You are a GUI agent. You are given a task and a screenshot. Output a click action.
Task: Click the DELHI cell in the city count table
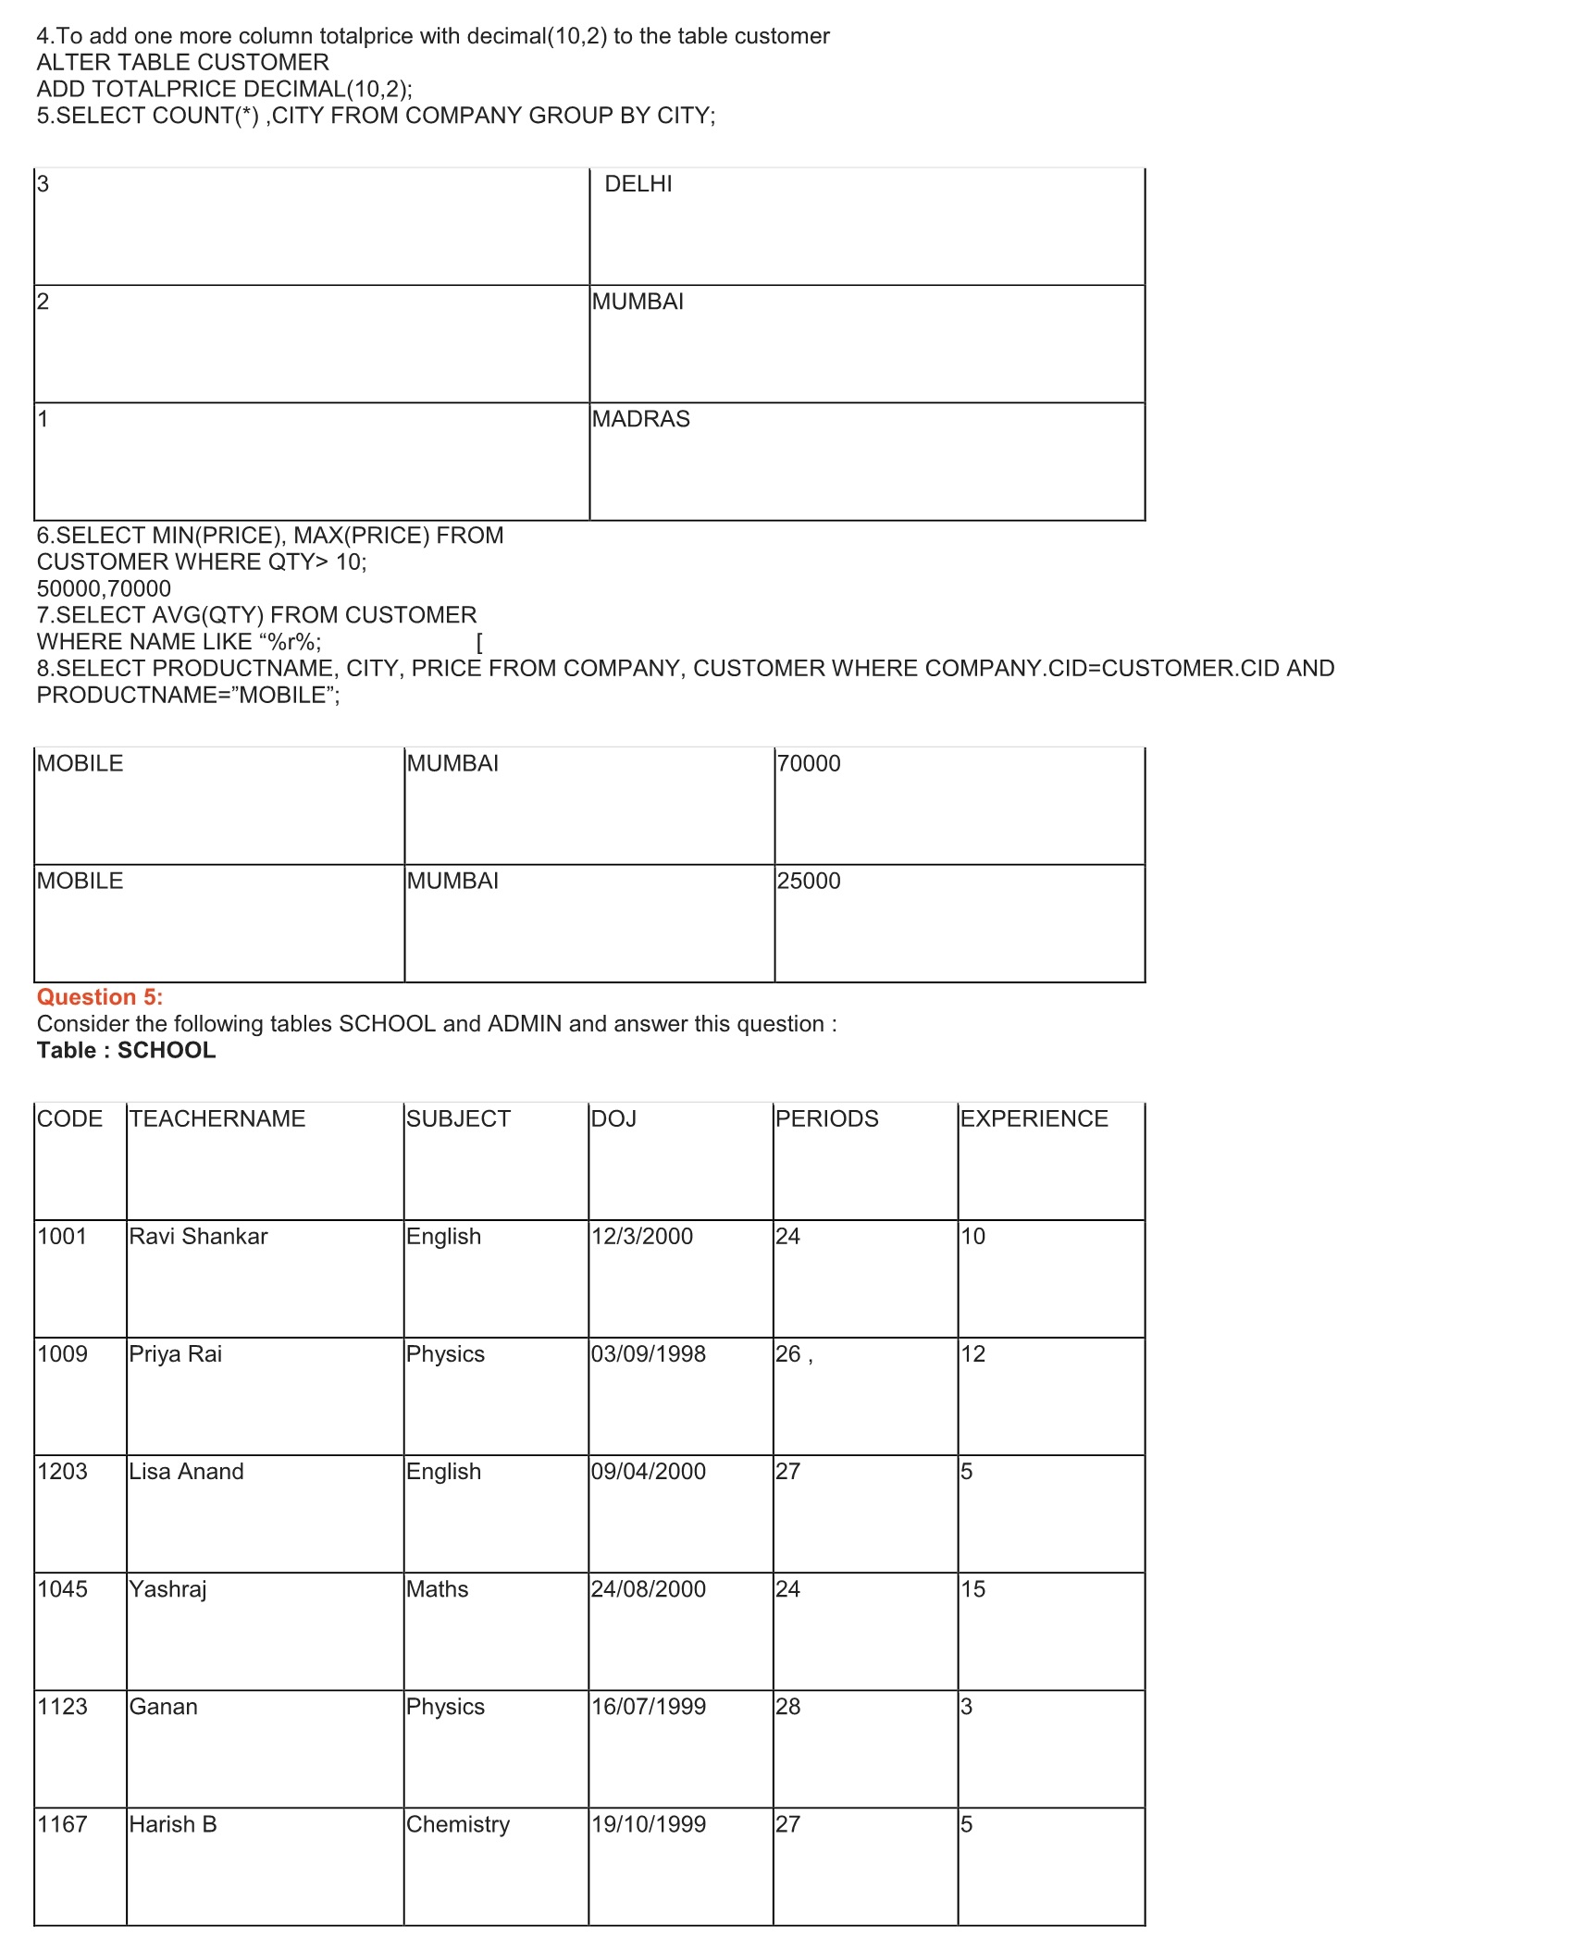click(x=638, y=184)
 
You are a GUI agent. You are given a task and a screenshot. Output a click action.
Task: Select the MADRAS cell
click(x=640, y=419)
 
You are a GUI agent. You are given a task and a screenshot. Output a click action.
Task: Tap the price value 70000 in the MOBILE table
click(x=808, y=763)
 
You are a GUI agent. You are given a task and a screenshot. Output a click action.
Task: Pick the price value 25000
click(x=808, y=881)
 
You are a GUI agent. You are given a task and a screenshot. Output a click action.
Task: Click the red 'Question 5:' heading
click(x=100, y=997)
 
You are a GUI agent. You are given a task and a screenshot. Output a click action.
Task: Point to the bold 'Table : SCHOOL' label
click(x=126, y=1050)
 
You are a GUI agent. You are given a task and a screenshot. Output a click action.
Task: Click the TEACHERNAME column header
click(x=217, y=1118)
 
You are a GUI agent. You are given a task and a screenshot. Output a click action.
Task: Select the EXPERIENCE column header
click(x=1034, y=1118)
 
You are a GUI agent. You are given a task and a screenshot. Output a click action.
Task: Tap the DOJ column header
click(x=613, y=1118)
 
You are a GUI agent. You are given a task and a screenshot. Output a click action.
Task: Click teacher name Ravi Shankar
click(x=198, y=1236)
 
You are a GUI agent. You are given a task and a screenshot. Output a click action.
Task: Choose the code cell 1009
click(x=62, y=1353)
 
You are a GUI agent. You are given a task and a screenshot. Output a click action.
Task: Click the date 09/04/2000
click(x=648, y=1471)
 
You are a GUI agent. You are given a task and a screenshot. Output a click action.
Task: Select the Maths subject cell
click(x=437, y=1588)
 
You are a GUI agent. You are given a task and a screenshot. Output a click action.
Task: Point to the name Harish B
click(x=173, y=1823)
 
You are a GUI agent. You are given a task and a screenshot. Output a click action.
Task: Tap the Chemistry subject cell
click(x=458, y=1823)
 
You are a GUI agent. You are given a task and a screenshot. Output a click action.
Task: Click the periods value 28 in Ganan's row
click(x=787, y=1706)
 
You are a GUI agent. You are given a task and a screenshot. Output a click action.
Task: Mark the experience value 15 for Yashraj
click(x=972, y=1588)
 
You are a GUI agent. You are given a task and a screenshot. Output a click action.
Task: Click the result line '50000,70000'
click(x=104, y=588)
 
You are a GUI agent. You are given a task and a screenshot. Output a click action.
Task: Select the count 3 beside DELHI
click(x=43, y=184)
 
